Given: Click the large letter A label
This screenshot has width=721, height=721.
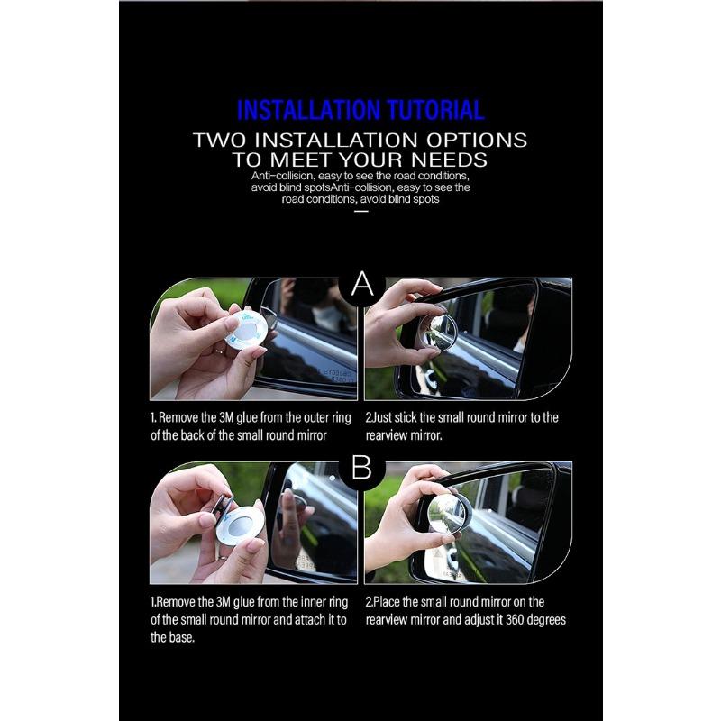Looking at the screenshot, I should tap(362, 285).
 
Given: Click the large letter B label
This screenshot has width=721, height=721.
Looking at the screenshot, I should tap(362, 468).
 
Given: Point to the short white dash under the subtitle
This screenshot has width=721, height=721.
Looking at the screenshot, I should tap(361, 212).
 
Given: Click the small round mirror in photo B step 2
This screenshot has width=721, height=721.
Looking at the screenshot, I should tap(446, 514).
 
